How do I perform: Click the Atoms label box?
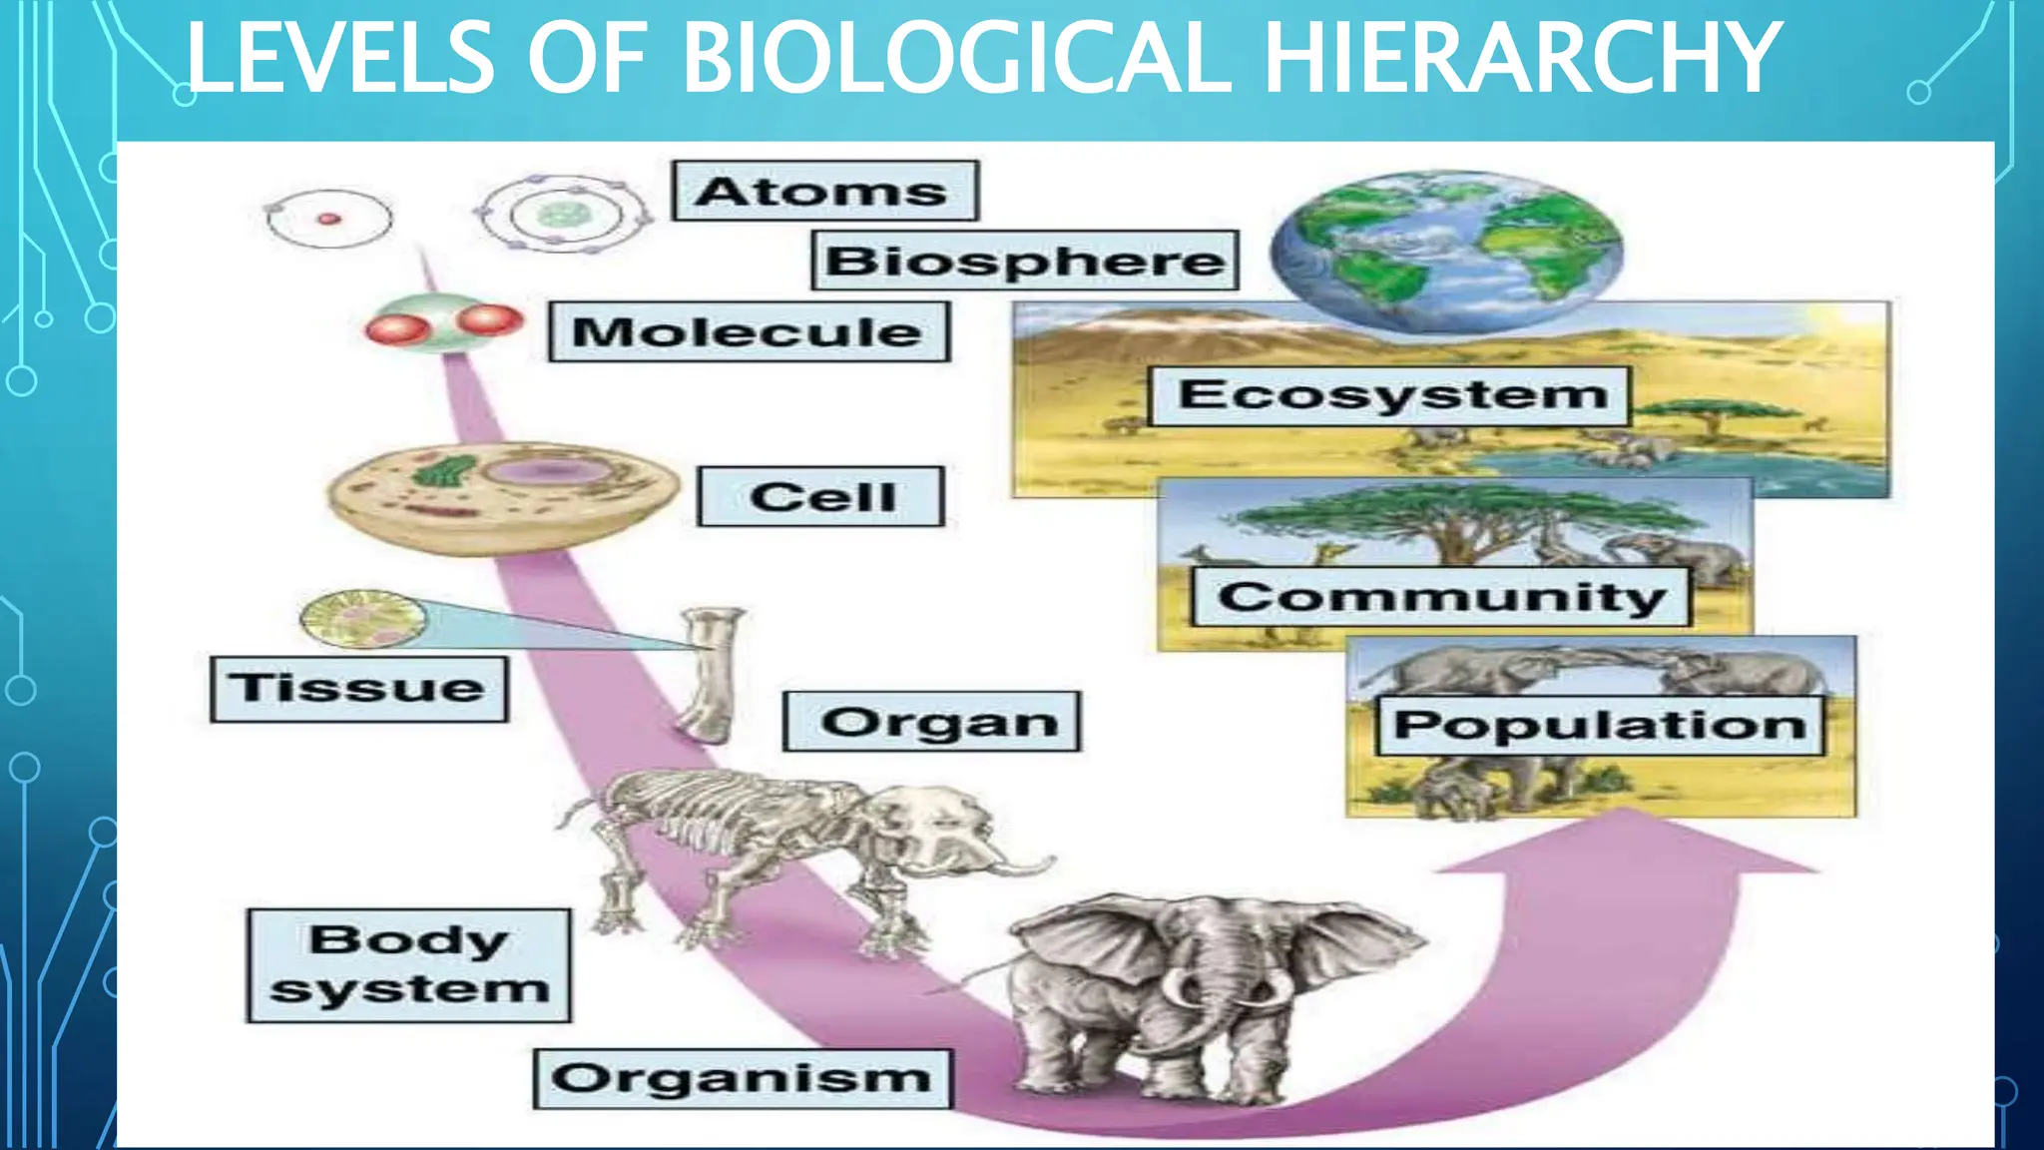tap(824, 191)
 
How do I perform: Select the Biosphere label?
tap(1025, 261)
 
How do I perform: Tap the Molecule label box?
tap(749, 331)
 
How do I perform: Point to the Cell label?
tap(821, 496)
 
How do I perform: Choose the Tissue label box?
tap(359, 688)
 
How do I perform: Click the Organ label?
tap(932, 721)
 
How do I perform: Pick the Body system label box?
tap(409, 965)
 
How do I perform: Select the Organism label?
tap(743, 1078)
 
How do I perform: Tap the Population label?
tap(1600, 725)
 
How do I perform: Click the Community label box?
tap(1441, 597)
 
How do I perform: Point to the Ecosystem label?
tap(1391, 395)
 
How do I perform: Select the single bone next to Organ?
tap(711, 675)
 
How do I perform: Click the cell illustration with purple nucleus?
tap(502, 496)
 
